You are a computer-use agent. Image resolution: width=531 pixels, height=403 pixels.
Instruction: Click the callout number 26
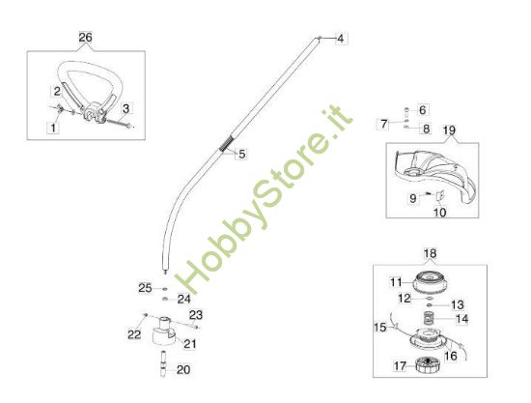click(85, 38)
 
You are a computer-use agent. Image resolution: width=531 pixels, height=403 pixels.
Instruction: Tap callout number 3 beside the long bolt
click(126, 109)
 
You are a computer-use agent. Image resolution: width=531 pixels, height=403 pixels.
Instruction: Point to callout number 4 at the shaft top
click(341, 39)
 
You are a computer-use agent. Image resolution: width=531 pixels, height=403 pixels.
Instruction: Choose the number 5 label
click(241, 155)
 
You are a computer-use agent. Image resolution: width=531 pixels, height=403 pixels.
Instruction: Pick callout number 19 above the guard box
click(449, 130)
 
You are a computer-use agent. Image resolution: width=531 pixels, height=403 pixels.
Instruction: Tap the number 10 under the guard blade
click(440, 213)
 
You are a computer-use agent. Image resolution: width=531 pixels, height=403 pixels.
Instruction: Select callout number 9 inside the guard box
click(413, 198)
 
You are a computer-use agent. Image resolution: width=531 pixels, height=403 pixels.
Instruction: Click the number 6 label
click(422, 110)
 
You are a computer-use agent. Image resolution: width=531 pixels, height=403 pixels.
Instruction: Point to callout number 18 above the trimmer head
click(430, 253)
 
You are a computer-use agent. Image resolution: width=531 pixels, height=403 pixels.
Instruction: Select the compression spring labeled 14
click(429, 320)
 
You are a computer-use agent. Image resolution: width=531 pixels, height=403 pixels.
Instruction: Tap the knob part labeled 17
click(427, 365)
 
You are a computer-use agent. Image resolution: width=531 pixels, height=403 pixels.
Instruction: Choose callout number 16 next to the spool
click(451, 356)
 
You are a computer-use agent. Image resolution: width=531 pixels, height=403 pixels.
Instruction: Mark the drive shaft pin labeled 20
click(163, 363)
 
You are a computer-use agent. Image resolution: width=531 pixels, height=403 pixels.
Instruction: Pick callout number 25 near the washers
click(145, 288)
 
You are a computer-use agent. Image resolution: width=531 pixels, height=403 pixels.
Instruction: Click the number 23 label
click(196, 315)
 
